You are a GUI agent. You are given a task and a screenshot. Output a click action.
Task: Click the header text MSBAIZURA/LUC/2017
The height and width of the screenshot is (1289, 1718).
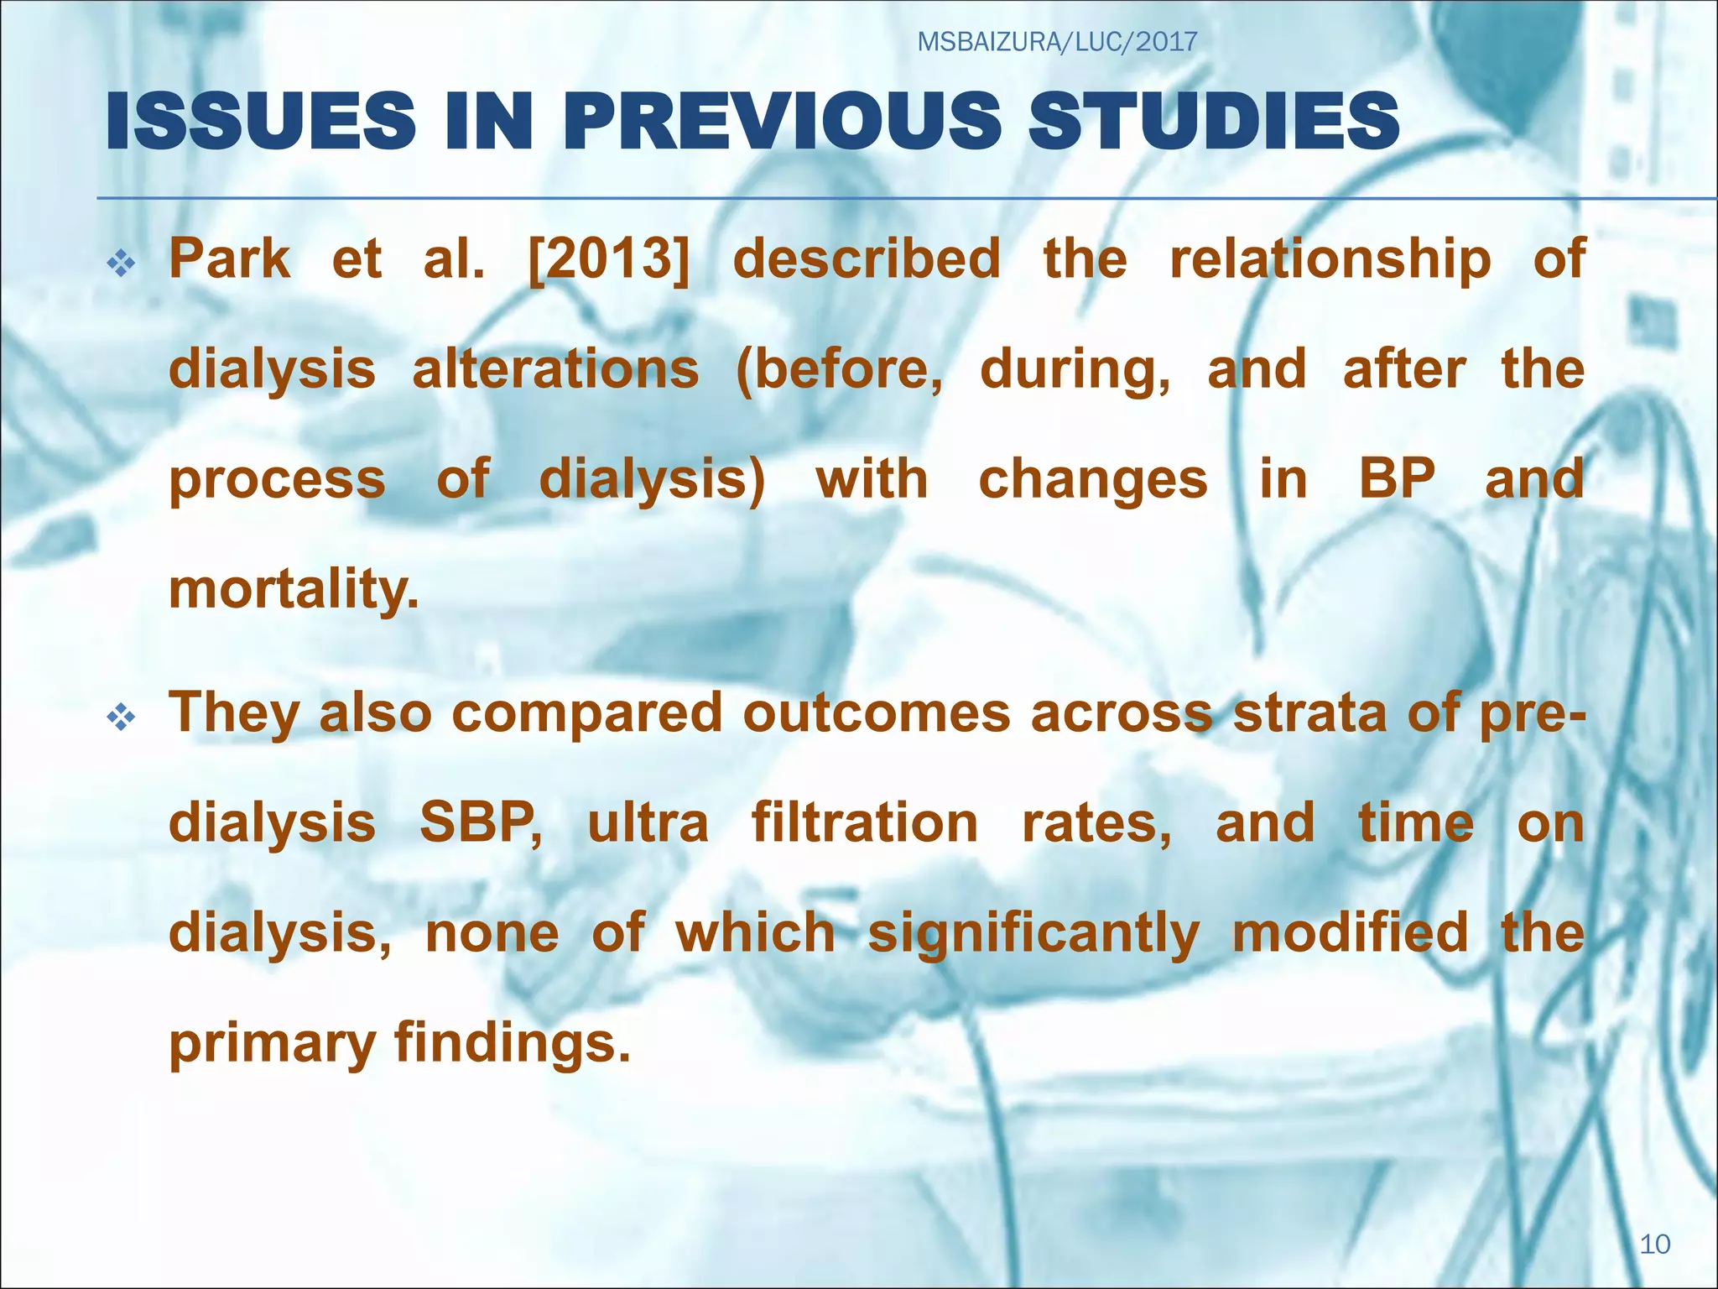point(1057,41)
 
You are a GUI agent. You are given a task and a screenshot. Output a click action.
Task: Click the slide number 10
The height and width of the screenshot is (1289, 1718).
point(1654,1244)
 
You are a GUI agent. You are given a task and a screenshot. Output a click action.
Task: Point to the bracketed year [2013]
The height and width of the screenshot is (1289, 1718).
point(609,258)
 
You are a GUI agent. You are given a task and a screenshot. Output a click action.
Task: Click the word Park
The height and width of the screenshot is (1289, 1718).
point(229,258)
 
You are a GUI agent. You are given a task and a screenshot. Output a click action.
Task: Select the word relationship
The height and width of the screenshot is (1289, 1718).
point(1330,260)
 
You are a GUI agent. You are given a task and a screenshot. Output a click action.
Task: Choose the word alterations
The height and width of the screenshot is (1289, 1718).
point(555,369)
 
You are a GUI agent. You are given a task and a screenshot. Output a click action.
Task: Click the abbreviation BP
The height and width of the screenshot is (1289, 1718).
point(1397,479)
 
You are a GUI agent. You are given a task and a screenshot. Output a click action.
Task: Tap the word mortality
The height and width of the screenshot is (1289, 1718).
point(294,591)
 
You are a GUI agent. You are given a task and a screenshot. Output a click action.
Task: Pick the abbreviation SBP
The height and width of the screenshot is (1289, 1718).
point(481,823)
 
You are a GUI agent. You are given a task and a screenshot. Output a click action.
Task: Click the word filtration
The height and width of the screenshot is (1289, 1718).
point(865,823)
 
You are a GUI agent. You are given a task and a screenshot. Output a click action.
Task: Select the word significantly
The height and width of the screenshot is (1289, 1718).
point(1033,935)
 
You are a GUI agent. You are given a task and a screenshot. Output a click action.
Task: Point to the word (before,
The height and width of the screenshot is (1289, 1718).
point(839,371)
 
